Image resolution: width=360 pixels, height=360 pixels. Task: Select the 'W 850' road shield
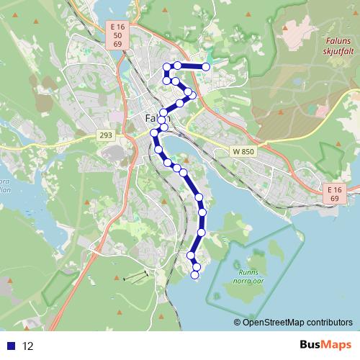pos(244,152)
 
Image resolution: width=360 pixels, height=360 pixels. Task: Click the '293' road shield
pos(107,135)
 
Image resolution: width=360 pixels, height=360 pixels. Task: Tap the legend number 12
pos(28,346)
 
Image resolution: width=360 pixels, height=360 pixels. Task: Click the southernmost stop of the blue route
pos(194,274)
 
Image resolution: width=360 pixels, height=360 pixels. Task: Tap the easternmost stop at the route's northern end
pos(206,67)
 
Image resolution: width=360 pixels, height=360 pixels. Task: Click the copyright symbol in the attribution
pos(238,322)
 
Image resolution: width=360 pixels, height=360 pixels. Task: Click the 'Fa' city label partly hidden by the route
pos(150,117)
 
